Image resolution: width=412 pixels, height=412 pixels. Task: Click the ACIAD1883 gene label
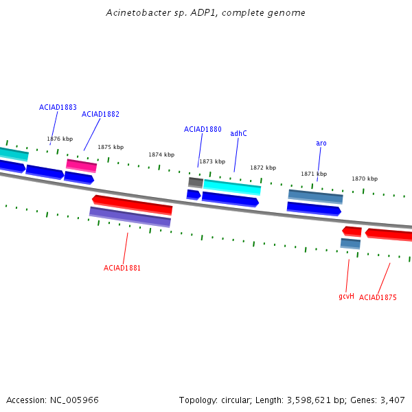58,107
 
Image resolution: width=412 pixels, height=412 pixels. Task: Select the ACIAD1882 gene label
100,114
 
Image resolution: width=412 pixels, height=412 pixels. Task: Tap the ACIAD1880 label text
203,129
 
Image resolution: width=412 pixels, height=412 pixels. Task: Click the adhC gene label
238,133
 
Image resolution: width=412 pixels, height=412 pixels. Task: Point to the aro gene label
321,143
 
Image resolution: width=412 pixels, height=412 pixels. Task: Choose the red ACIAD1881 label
122,268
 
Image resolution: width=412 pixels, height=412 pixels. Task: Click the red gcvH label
346,297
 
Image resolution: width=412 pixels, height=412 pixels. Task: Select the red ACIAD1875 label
378,297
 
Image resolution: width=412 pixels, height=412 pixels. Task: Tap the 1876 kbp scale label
60,139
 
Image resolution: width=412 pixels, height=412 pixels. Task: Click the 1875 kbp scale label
111,147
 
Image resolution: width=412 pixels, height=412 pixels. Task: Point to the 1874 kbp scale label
161,154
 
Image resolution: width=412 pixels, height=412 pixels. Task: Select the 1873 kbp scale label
212,161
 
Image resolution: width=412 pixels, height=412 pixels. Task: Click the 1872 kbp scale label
263,168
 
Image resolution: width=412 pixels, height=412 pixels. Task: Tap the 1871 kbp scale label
314,174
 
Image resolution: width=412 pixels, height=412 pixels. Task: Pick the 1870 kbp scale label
365,179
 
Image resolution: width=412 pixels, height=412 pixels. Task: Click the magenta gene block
82,165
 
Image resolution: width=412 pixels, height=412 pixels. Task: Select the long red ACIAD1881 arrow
132,204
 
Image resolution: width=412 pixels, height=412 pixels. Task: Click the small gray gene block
196,183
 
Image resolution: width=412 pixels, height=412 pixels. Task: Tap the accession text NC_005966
52,400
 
